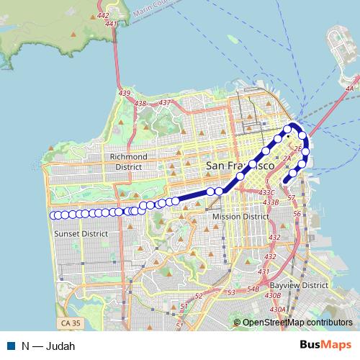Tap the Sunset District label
click(81, 233)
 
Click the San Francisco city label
click(240, 166)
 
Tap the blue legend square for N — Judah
click(10, 344)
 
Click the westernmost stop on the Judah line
click(53, 215)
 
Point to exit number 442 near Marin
click(102, 15)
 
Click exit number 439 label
click(125, 93)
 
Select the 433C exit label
click(268, 192)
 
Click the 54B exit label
click(253, 289)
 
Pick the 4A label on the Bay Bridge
click(351, 89)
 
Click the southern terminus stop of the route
click(287, 180)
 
